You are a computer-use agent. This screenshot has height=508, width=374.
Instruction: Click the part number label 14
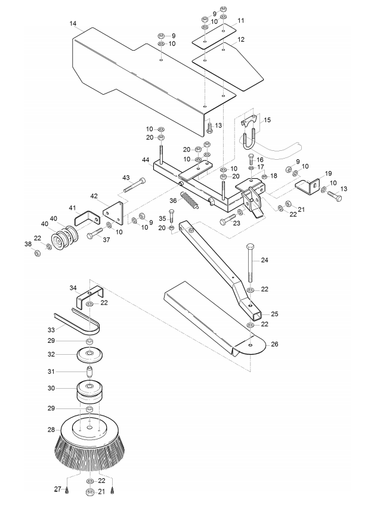73,24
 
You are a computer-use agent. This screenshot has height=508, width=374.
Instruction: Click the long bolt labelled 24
249,262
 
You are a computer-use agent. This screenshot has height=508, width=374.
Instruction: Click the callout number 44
146,160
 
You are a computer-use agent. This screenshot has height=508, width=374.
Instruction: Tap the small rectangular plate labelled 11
214,36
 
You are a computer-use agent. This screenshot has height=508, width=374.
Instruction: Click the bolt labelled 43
134,185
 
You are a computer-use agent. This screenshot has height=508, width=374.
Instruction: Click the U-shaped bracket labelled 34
90,296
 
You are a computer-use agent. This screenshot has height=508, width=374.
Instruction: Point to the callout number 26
274,344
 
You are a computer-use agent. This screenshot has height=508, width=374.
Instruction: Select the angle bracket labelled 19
307,187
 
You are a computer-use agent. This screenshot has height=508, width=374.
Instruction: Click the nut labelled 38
37,253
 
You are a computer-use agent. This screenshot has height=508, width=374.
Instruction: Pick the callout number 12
250,39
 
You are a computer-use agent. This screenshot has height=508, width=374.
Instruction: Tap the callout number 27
58,489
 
